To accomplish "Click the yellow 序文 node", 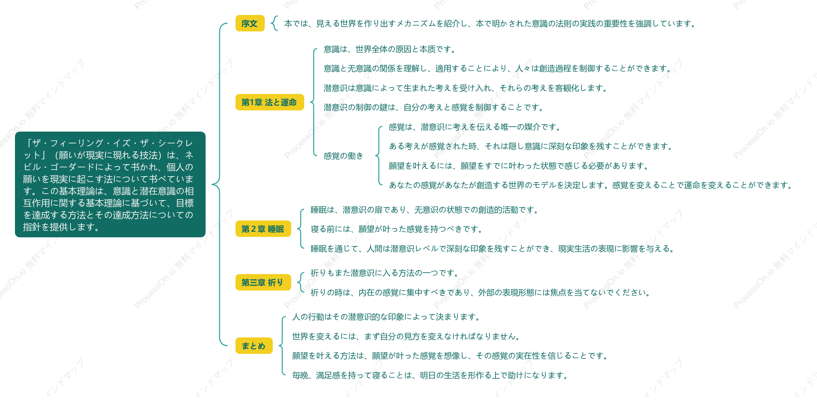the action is click(250, 23).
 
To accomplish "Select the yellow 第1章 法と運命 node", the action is click(269, 102).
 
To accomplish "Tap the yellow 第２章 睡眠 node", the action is click(263, 229).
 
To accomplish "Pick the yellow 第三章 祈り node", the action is click(263, 282).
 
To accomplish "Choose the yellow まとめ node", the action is click(254, 346).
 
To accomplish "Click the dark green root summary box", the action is click(110, 185).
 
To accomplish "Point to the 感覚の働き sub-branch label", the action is click(343, 156).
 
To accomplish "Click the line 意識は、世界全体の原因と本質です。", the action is click(390, 49).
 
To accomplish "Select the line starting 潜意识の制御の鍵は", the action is click(433, 107).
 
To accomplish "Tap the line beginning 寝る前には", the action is click(397, 229).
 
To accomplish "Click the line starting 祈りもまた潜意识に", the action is click(385, 273).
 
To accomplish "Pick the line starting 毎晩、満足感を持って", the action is click(430, 375).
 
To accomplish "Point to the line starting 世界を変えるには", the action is click(406, 336).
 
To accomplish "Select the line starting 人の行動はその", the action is click(386, 317).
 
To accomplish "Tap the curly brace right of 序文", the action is click(274, 23).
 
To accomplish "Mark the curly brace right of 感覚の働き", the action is click(378, 156).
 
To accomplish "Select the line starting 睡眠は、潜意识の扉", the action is click(424, 210).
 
